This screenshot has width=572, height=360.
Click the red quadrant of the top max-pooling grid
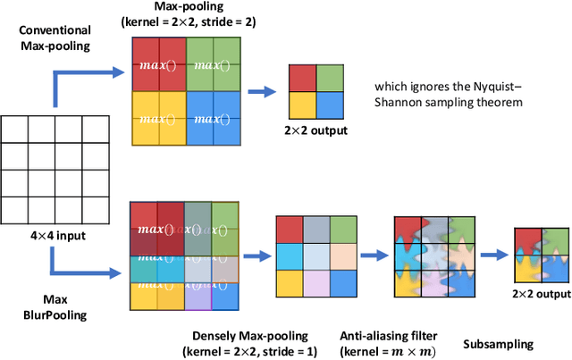[x=157, y=64]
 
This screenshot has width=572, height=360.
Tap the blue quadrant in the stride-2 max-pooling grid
[x=213, y=119]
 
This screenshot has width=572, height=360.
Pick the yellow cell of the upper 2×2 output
[x=303, y=103]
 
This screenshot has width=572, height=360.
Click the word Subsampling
[x=497, y=343]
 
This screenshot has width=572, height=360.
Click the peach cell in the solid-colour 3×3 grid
[x=343, y=255]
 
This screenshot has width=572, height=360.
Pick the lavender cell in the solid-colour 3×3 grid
[x=317, y=282]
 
